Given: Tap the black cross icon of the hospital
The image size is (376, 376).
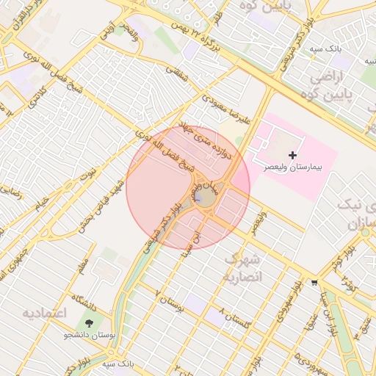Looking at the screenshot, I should [293, 155].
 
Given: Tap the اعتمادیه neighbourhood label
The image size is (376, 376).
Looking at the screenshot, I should [45, 314].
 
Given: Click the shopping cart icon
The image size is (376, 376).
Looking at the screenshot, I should [315, 282].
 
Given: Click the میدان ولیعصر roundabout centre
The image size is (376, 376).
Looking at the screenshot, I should [206, 197].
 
